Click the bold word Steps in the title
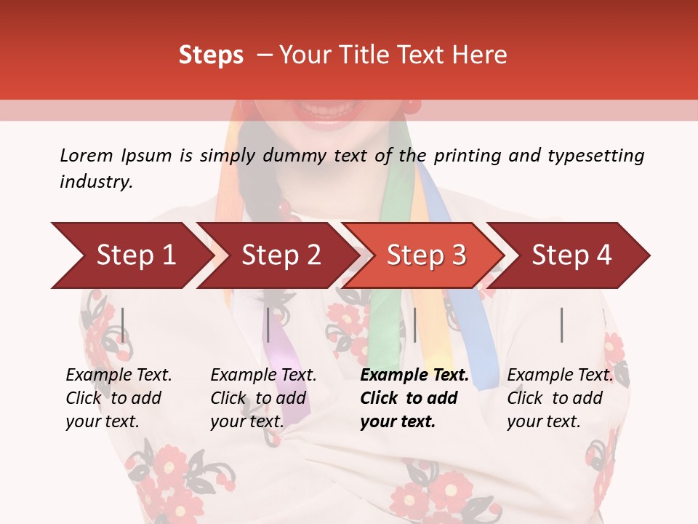pyautogui.click(x=211, y=55)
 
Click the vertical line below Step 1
pyautogui.click(x=123, y=325)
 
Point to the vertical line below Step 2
pyautogui.click(x=268, y=325)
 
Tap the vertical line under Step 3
pyautogui.click(x=414, y=325)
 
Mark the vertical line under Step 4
pyautogui.click(x=561, y=325)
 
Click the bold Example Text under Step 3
pyautogui.click(x=414, y=376)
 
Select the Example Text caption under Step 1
pyautogui.click(x=119, y=376)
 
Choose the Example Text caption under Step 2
pyautogui.click(x=263, y=376)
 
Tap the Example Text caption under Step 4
pyautogui.click(x=560, y=376)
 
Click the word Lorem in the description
pyautogui.click(x=86, y=155)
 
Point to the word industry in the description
pyautogui.click(x=95, y=182)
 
